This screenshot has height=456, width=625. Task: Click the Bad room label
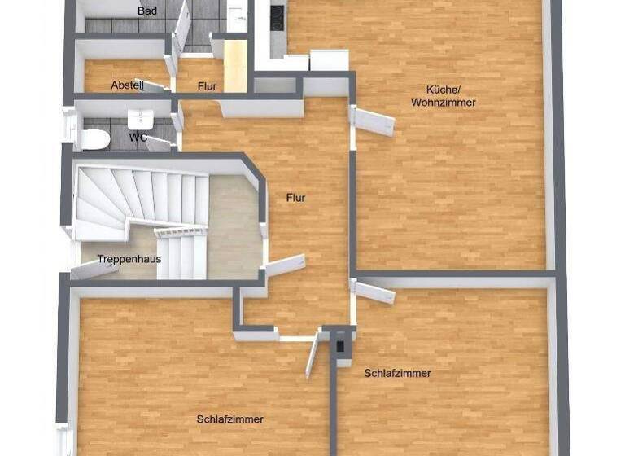click(x=147, y=11)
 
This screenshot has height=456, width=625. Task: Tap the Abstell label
click(x=127, y=85)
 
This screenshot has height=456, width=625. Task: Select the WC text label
click(x=138, y=138)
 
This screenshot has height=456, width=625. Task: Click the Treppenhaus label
click(x=129, y=259)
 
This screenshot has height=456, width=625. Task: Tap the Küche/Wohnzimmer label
click(x=443, y=96)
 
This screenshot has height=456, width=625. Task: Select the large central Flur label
click(x=296, y=197)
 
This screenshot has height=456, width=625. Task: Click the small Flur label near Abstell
click(x=206, y=85)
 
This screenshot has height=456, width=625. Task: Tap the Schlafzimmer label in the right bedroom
click(x=397, y=373)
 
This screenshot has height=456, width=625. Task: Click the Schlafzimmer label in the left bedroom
click(x=229, y=419)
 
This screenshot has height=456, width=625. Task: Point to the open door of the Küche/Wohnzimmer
click(x=374, y=122)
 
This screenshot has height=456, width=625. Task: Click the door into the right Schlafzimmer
click(x=374, y=292)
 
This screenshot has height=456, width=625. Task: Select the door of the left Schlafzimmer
click(x=311, y=357)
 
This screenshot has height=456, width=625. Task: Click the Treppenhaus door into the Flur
click(x=284, y=265)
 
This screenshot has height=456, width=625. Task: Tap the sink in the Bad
click(x=237, y=16)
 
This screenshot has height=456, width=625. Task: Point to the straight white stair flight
click(x=181, y=252)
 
